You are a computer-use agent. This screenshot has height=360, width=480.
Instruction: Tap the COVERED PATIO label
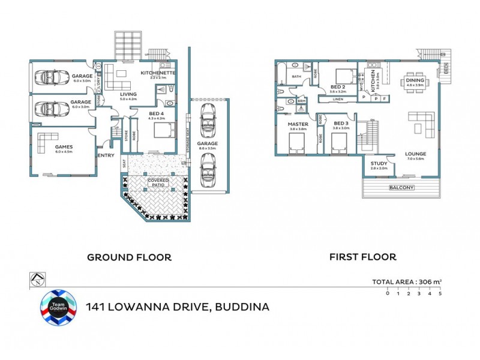coord(158,182)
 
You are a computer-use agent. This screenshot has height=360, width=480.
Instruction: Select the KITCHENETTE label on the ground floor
coord(158,73)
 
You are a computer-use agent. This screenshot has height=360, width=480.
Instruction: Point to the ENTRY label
coord(106,156)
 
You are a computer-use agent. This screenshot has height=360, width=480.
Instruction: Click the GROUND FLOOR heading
coord(129,257)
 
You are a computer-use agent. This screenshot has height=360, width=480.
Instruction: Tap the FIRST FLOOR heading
coord(362,257)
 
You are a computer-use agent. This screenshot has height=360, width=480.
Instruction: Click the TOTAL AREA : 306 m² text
coord(407,281)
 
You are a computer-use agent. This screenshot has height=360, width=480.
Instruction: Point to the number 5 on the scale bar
coord(440,293)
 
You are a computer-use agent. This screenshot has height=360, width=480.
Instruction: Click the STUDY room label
coord(379,163)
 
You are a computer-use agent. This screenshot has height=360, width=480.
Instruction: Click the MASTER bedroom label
coord(298,124)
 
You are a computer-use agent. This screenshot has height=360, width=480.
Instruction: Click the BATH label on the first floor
coord(296,77)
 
